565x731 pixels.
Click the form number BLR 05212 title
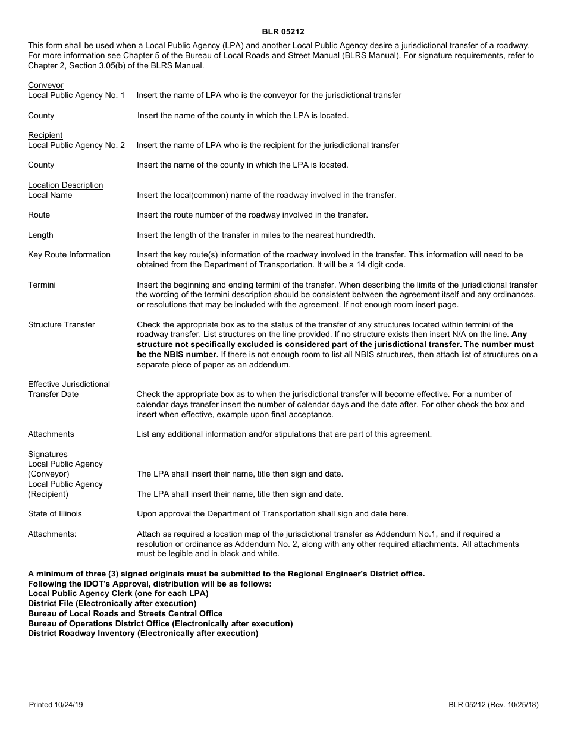pos(283,32)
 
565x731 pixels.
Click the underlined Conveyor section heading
pos(46,86)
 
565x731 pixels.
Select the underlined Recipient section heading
pos(45,136)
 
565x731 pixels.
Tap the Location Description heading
pos(65,185)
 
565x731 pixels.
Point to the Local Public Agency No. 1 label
pos(76,96)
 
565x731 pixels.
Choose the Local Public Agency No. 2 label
pos(76,146)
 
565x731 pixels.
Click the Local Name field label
pos(50,196)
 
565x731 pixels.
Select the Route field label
pos(39,215)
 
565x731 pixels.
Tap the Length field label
pos(40,235)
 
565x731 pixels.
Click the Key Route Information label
pos(69,255)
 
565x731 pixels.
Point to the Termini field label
pos(42,285)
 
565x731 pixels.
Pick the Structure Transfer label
pos(61,325)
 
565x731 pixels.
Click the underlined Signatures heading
pos(48,455)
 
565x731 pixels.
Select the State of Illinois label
pos(55,514)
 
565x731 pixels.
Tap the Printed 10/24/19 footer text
pos(56,705)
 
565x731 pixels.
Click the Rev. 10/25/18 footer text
pos(514,705)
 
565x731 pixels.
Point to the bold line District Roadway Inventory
pos(143,634)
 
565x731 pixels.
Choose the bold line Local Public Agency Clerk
pos(118,594)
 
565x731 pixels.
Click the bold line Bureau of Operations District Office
pos(160,623)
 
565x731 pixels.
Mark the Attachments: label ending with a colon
pos(52,534)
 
